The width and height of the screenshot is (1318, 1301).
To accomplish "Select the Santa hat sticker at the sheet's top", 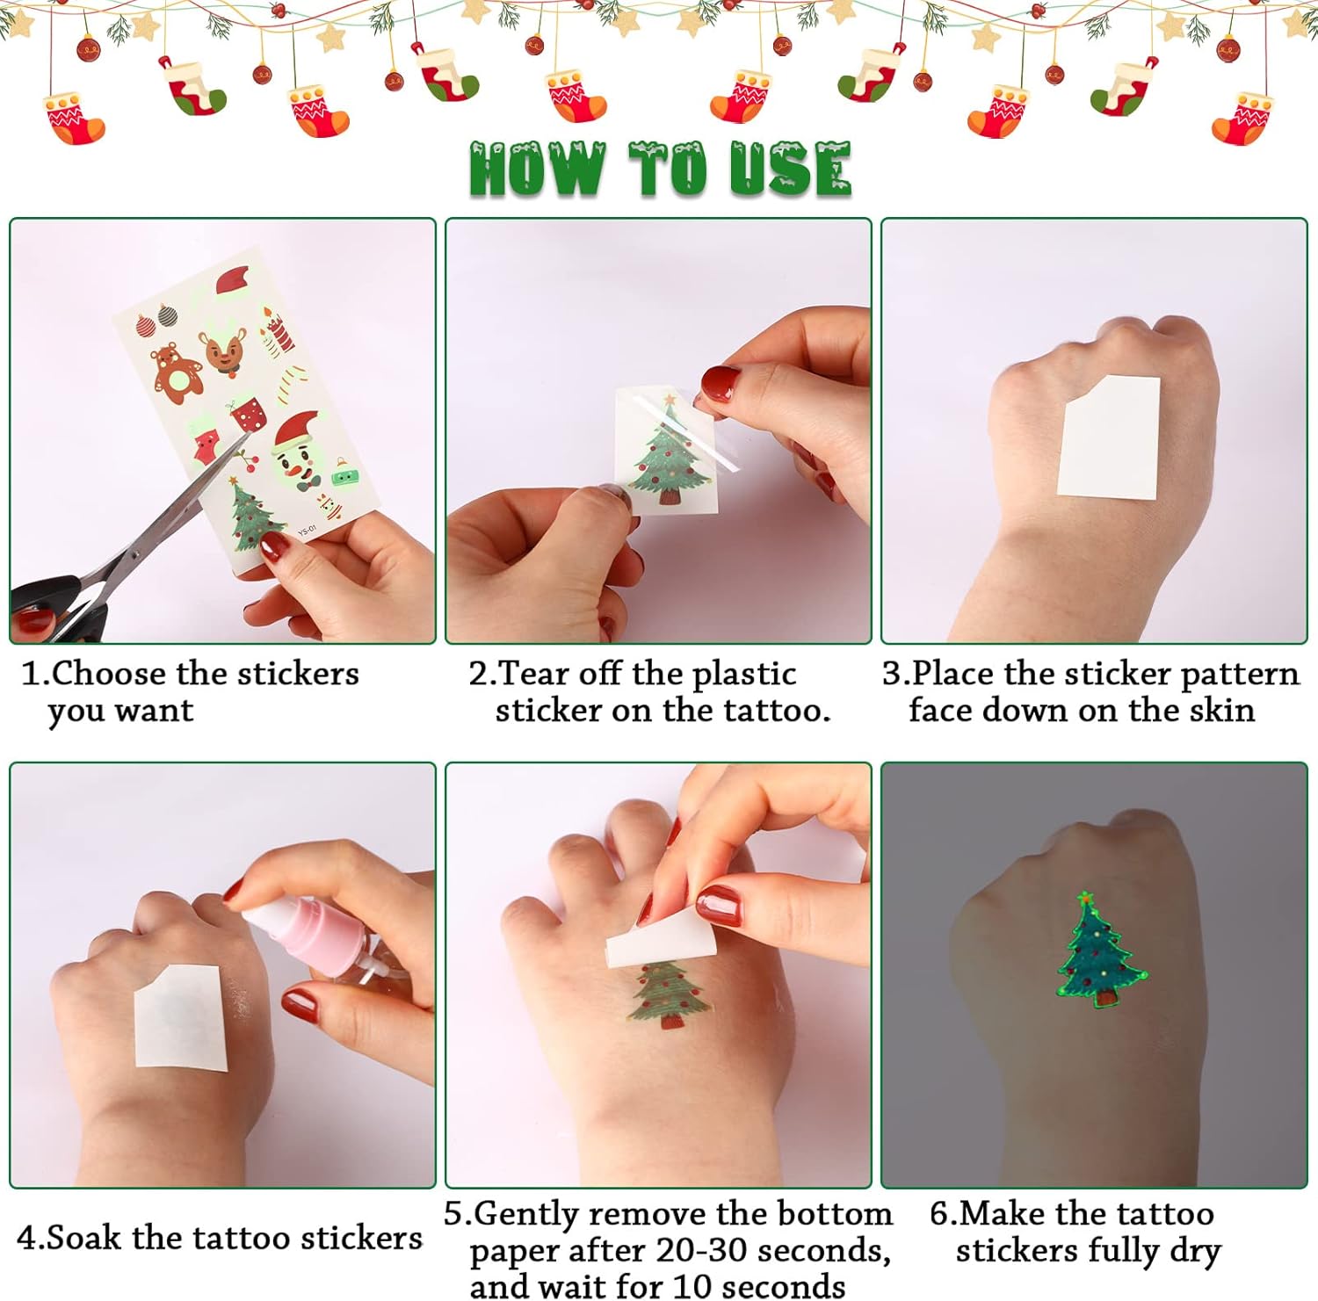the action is coord(233,283).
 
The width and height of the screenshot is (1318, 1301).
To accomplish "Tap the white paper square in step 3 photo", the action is coord(1109,437).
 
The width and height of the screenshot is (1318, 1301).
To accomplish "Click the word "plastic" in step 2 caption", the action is coord(744,675).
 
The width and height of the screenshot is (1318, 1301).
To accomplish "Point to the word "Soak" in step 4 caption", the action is coord(83,1237).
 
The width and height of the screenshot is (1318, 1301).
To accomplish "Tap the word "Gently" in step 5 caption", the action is coord(527,1215).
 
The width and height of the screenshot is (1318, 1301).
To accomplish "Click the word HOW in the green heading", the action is coord(538,169).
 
